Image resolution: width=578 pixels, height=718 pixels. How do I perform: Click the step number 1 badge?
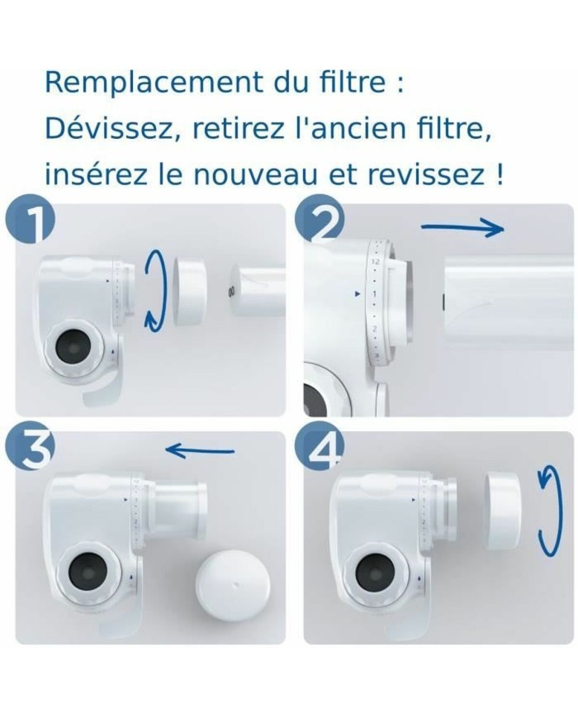click(x=27, y=222)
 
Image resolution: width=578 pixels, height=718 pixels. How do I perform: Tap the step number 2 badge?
click(x=316, y=222)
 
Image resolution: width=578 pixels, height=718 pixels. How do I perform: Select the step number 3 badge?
click(x=27, y=450)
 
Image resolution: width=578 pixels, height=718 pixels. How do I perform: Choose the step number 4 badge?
click(x=317, y=450)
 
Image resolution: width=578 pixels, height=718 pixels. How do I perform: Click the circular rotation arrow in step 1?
click(x=154, y=291)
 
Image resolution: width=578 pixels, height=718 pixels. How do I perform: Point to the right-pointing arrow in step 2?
click(x=462, y=228)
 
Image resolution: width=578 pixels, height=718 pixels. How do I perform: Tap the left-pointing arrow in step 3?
click(x=200, y=450)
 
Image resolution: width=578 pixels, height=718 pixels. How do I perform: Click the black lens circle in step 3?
click(x=85, y=571)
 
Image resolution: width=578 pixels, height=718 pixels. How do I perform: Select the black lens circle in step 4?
click(x=372, y=572)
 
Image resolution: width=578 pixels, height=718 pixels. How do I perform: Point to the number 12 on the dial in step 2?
click(x=375, y=261)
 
